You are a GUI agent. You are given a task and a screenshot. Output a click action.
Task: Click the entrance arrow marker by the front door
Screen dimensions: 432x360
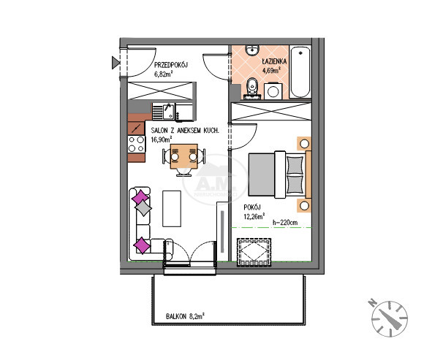[115, 63]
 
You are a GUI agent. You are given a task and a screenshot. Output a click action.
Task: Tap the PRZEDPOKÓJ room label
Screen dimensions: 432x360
[171, 65]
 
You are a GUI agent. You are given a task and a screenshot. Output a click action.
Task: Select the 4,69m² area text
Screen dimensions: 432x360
[271, 70]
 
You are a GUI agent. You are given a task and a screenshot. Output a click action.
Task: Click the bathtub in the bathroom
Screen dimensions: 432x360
[300, 72]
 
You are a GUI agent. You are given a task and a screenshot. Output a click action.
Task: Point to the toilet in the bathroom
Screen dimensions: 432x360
[251, 88]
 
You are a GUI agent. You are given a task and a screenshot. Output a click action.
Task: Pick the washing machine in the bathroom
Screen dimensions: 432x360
[273, 91]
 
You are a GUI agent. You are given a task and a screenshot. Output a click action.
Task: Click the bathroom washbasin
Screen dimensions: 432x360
[253, 50]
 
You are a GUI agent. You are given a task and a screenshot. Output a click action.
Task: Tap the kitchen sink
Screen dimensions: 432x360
[164, 112]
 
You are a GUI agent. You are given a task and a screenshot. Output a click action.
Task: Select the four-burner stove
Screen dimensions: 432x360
[137, 145]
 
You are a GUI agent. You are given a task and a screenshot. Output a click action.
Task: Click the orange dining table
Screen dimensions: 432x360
[183, 156]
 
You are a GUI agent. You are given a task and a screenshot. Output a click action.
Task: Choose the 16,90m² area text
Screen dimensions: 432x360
[162, 139]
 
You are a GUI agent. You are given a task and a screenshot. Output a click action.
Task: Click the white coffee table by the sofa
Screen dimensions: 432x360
[172, 209]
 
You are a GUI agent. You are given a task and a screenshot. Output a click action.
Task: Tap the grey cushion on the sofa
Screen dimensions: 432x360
[143, 208]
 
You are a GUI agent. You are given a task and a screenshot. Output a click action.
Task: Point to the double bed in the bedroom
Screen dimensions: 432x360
[280, 175]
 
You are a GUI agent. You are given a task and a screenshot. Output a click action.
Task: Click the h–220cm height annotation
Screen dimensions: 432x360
[285, 223]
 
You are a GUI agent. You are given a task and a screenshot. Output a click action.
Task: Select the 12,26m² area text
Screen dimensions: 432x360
[254, 216]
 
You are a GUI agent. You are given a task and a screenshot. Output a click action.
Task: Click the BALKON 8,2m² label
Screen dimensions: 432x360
[185, 316]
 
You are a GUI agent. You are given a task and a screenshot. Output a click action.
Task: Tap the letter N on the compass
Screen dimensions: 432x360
[373, 302]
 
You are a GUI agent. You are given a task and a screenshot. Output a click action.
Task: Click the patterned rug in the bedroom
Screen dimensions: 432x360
[254, 253]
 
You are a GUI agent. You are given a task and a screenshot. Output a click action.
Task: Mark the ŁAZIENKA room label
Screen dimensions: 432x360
[274, 61]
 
